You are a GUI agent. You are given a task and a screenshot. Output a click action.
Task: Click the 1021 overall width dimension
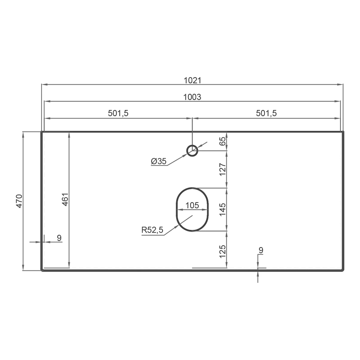coord(192,80)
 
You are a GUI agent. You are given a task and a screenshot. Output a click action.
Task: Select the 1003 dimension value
coord(192,97)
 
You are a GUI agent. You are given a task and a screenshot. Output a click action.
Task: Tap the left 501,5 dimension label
coord(118,113)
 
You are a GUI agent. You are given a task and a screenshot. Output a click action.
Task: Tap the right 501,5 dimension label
coord(266,113)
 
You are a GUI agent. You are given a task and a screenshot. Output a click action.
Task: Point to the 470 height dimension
coord(19,201)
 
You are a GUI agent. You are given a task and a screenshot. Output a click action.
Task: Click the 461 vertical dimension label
coord(66,199)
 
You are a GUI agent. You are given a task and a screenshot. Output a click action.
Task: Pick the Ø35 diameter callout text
coord(159,161)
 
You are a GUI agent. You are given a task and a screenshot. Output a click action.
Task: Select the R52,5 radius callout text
coord(152,230)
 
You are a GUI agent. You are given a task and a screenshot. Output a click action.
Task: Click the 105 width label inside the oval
coord(192,205)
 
